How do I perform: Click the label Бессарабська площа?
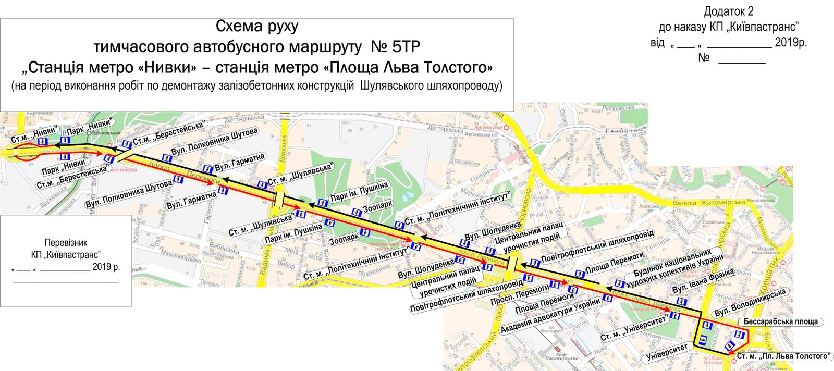[780, 321]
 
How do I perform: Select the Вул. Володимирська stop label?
[750, 303]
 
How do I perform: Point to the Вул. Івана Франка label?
[703, 281]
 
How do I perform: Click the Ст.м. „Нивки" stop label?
[26, 137]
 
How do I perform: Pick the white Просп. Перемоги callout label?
[520, 296]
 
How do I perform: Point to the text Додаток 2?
[728, 11]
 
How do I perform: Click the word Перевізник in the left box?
[66, 242]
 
